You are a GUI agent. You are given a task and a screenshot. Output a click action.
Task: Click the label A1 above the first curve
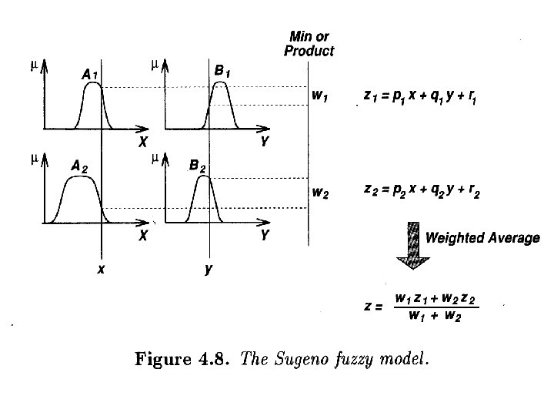(89, 75)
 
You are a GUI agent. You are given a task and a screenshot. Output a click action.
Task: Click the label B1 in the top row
(222, 72)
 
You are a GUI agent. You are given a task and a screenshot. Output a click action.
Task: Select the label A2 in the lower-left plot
(78, 166)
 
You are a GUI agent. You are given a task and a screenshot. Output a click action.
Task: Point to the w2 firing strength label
(321, 193)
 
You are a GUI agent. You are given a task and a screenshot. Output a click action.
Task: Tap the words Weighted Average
(482, 238)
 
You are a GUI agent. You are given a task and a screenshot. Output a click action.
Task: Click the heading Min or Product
(309, 44)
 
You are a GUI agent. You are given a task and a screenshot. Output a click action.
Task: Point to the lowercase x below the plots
(100, 269)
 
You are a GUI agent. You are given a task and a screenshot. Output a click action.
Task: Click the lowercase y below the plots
(208, 270)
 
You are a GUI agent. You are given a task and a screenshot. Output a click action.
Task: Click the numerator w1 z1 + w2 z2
(436, 297)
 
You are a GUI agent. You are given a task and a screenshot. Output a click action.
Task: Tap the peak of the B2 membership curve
(202, 176)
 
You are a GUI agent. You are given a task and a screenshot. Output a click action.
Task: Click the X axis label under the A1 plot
(143, 142)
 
